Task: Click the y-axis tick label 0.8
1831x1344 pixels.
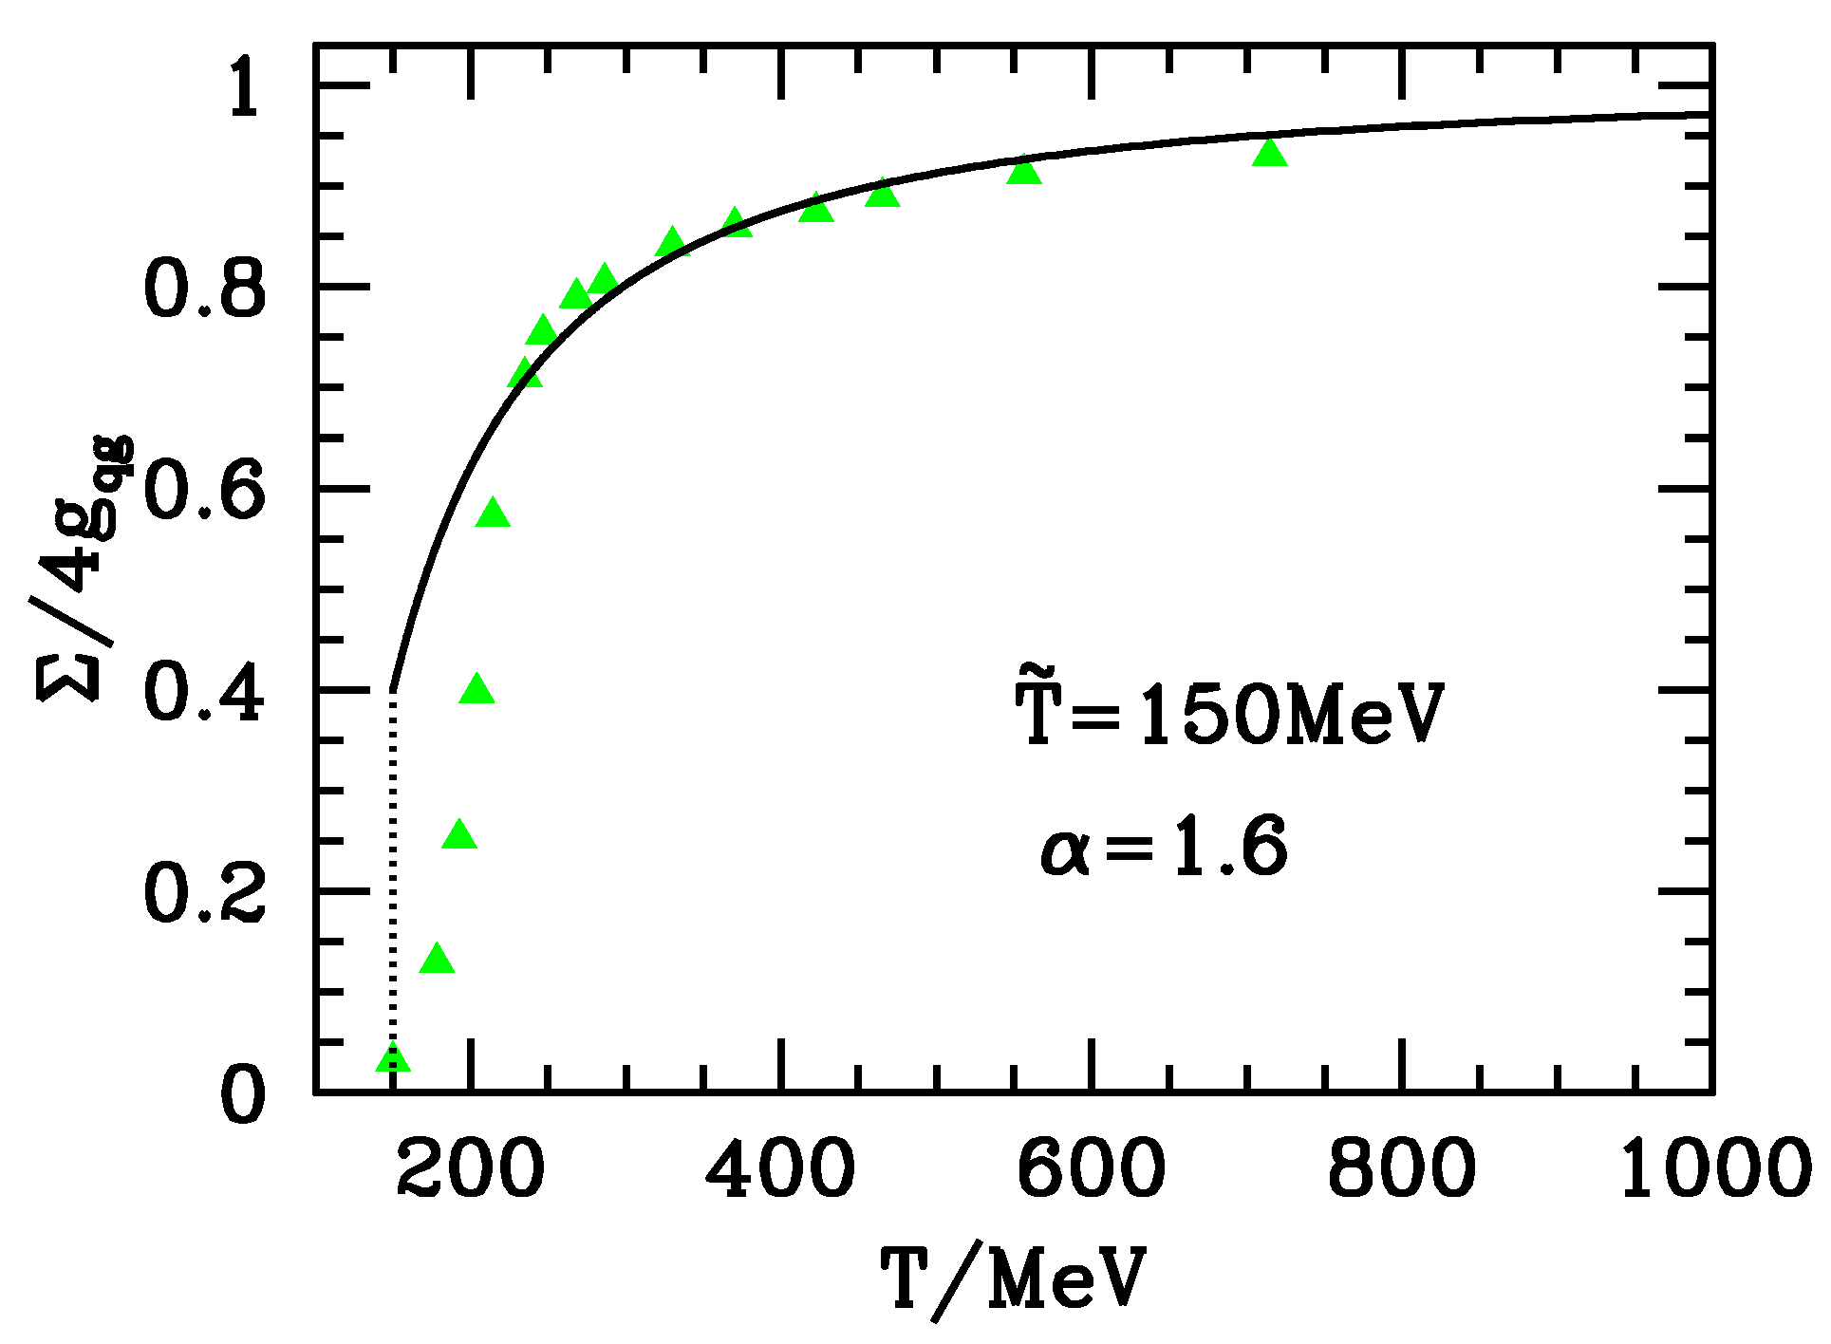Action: (x=204, y=289)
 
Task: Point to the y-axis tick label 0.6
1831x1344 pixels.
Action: (x=204, y=492)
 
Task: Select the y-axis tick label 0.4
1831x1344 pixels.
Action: (x=204, y=693)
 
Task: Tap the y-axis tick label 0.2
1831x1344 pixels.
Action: (x=204, y=894)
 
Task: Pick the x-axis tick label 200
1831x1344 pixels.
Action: (x=471, y=1168)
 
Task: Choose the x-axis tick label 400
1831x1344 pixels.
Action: (x=780, y=1168)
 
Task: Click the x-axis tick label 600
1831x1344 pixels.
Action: (x=1091, y=1168)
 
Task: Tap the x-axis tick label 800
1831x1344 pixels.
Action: (x=1401, y=1168)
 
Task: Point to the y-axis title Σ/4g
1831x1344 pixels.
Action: (x=85, y=569)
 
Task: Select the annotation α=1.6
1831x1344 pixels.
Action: (x=1164, y=846)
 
